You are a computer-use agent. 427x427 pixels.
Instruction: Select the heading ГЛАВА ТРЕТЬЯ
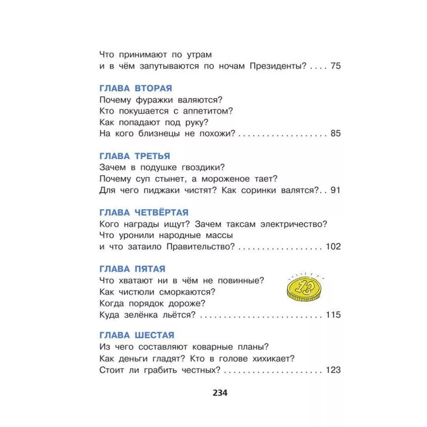tap(135, 156)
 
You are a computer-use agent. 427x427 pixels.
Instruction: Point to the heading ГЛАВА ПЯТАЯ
tap(132, 268)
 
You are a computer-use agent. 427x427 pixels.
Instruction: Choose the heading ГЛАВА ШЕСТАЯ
tap(137, 335)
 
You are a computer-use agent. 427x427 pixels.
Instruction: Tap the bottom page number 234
tap(220, 393)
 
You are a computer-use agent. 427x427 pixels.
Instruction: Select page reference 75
tap(335, 66)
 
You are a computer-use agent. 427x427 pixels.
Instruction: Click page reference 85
tap(335, 133)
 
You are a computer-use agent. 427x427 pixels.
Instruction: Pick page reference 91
tap(335, 190)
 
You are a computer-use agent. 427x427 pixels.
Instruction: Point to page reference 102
tap(333, 246)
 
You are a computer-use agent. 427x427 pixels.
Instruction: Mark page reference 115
tap(333, 314)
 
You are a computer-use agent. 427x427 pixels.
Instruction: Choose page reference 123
tap(333, 370)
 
